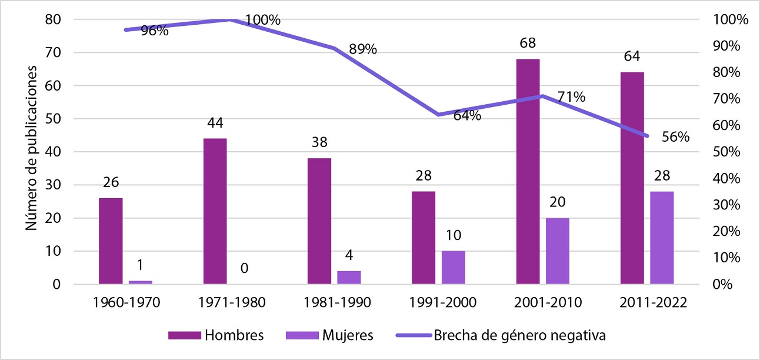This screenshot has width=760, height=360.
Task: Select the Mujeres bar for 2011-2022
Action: tap(662, 238)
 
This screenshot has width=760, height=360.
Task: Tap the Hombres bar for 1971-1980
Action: tap(215, 211)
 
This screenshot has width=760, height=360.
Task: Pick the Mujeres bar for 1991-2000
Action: tap(454, 268)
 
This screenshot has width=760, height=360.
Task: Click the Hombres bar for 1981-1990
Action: tap(319, 221)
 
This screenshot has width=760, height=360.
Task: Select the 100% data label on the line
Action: tap(263, 19)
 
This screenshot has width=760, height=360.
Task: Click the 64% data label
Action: tap(467, 116)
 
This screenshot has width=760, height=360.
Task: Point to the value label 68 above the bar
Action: tap(528, 44)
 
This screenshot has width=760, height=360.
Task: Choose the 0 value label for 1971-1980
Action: tap(244, 269)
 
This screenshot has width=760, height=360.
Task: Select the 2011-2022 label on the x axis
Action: tap(652, 303)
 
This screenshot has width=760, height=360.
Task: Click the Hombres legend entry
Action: tap(215, 336)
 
